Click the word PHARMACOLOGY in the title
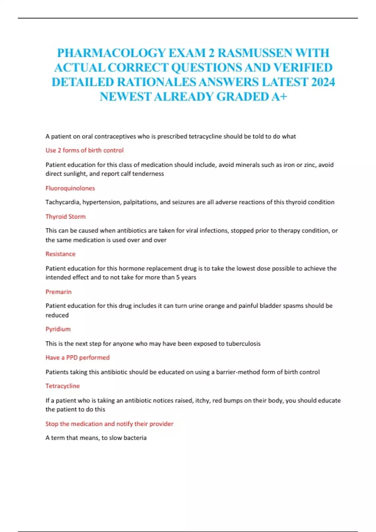click(111, 53)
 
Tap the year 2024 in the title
click(323, 82)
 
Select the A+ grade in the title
click(279, 97)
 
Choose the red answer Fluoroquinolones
click(70, 188)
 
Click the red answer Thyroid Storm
click(65, 217)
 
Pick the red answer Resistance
click(60, 254)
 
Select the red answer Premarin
click(59, 292)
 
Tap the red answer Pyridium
click(58, 329)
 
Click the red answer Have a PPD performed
click(77, 357)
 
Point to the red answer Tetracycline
click(63, 386)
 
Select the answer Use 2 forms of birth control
click(85, 150)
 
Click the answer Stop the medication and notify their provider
click(109, 424)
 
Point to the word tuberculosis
click(243, 344)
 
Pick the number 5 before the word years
click(178, 277)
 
